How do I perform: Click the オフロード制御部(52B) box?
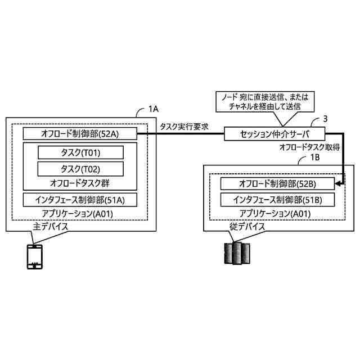(278, 184)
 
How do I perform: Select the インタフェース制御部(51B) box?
(278, 200)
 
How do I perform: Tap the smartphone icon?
(35, 258)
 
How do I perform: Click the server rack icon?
(235, 254)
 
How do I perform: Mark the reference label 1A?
(153, 108)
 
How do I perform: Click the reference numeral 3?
(325, 119)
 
